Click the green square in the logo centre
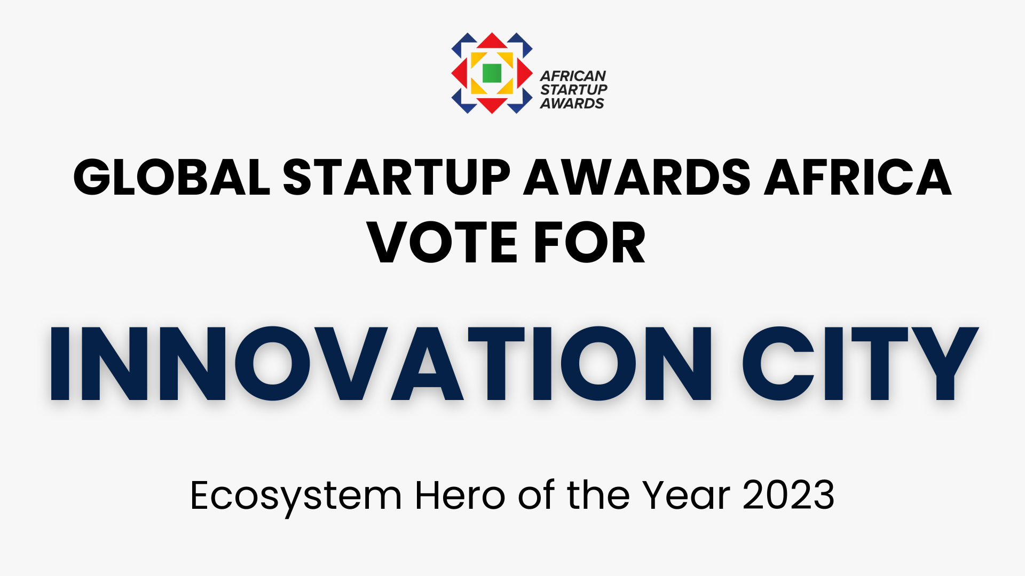tap(492, 73)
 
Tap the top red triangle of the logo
tap(492, 42)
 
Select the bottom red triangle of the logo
tap(492, 105)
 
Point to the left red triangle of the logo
tap(459, 73)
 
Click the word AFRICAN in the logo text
tap(573, 76)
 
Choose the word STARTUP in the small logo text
tap(574, 90)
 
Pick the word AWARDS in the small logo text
tap(572, 103)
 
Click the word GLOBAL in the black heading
tap(172, 177)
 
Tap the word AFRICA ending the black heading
tap(858, 177)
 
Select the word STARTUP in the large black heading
tap(397, 177)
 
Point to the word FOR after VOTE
tap(590, 243)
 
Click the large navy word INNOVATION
tap(381, 363)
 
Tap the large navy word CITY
tap(861, 363)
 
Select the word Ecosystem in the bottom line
tap(296, 497)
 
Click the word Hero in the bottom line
tap(460, 495)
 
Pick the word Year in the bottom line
tap(686, 495)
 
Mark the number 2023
tap(789, 495)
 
